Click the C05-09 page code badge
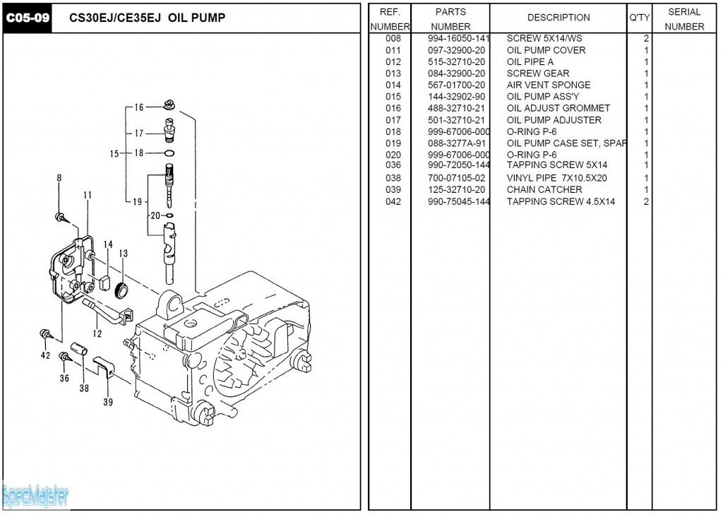(28, 18)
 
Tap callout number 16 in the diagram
(138, 107)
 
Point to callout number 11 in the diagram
(88, 195)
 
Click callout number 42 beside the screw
(46, 355)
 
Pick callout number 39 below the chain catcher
(108, 403)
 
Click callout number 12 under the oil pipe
(97, 333)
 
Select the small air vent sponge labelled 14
(105, 280)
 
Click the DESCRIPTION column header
(558, 18)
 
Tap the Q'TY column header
(639, 18)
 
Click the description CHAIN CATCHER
(544, 189)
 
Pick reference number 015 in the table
(393, 97)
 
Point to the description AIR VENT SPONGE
(548, 85)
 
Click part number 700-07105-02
(456, 178)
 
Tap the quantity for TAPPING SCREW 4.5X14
(646, 201)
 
